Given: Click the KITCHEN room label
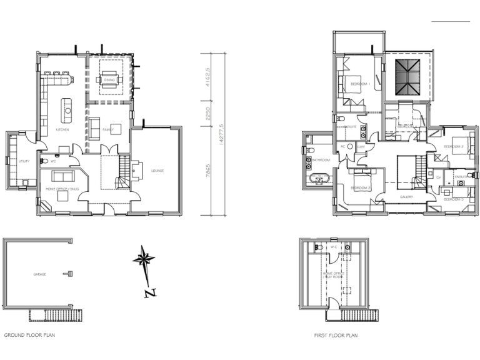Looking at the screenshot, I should click(x=62, y=129).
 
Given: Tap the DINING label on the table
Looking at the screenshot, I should click(x=109, y=80).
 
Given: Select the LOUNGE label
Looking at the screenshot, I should click(x=157, y=170).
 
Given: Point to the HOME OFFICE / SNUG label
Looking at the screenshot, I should click(x=59, y=187).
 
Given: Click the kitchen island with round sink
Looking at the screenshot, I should click(x=65, y=111).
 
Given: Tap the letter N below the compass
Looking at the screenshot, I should click(x=149, y=292).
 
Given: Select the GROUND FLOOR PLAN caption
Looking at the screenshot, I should click(x=29, y=336).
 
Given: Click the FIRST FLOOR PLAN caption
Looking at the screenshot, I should click(x=336, y=336).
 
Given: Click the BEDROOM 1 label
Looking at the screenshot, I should click(x=360, y=84).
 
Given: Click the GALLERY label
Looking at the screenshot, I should click(x=407, y=197).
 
